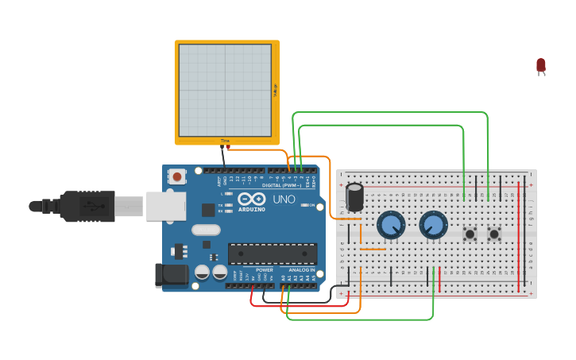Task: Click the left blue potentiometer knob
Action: click(390, 226)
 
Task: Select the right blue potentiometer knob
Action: click(433, 226)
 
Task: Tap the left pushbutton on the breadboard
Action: click(470, 234)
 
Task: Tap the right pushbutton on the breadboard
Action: click(494, 234)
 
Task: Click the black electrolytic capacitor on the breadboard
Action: click(354, 198)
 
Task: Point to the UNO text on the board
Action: click(284, 199)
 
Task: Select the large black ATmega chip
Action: click(273, 254)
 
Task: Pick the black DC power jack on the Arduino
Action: click(172, 275)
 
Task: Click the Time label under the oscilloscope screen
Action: click(225, 141)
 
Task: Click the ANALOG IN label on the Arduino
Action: click(302, 270)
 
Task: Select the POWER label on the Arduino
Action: click(265, 270)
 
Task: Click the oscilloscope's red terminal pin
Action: click(230, 147)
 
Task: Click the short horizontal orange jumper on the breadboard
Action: click(373, 249)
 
